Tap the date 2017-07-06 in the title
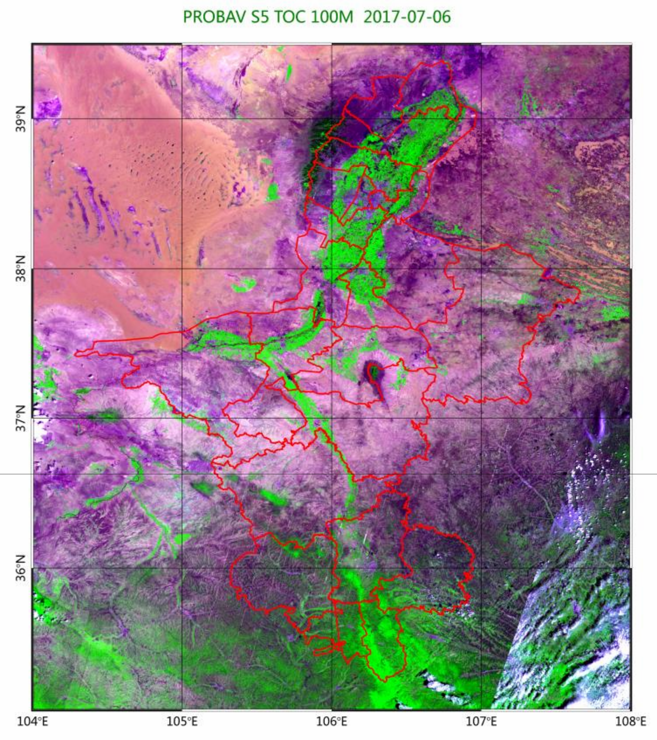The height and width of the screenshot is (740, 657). click(407, 17)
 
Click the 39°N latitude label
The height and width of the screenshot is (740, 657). click(21, 118)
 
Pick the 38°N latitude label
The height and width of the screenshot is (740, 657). click(21, 269)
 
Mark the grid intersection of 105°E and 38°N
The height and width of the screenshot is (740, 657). click(182, 269)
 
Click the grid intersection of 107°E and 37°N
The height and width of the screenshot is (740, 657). click(481, 418)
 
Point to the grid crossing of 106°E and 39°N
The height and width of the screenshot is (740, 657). click(332, 118)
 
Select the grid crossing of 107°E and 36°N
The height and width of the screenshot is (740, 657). click(481, 568)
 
